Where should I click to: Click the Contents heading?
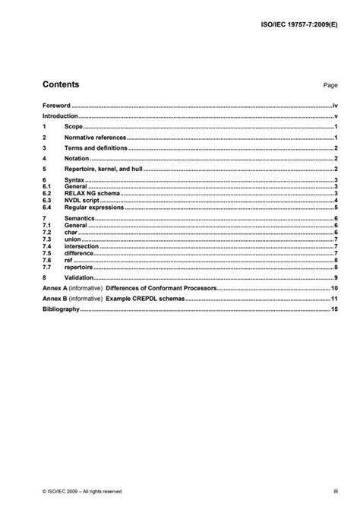point(61,84)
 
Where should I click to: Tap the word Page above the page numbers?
point(330,87)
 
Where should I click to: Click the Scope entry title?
point(74,126)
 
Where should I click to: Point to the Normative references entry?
point(95,137)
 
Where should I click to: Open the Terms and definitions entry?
point(96,147)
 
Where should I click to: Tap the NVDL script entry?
point(84,200)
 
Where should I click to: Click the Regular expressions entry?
point(94,207)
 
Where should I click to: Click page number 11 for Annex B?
point(333,300)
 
